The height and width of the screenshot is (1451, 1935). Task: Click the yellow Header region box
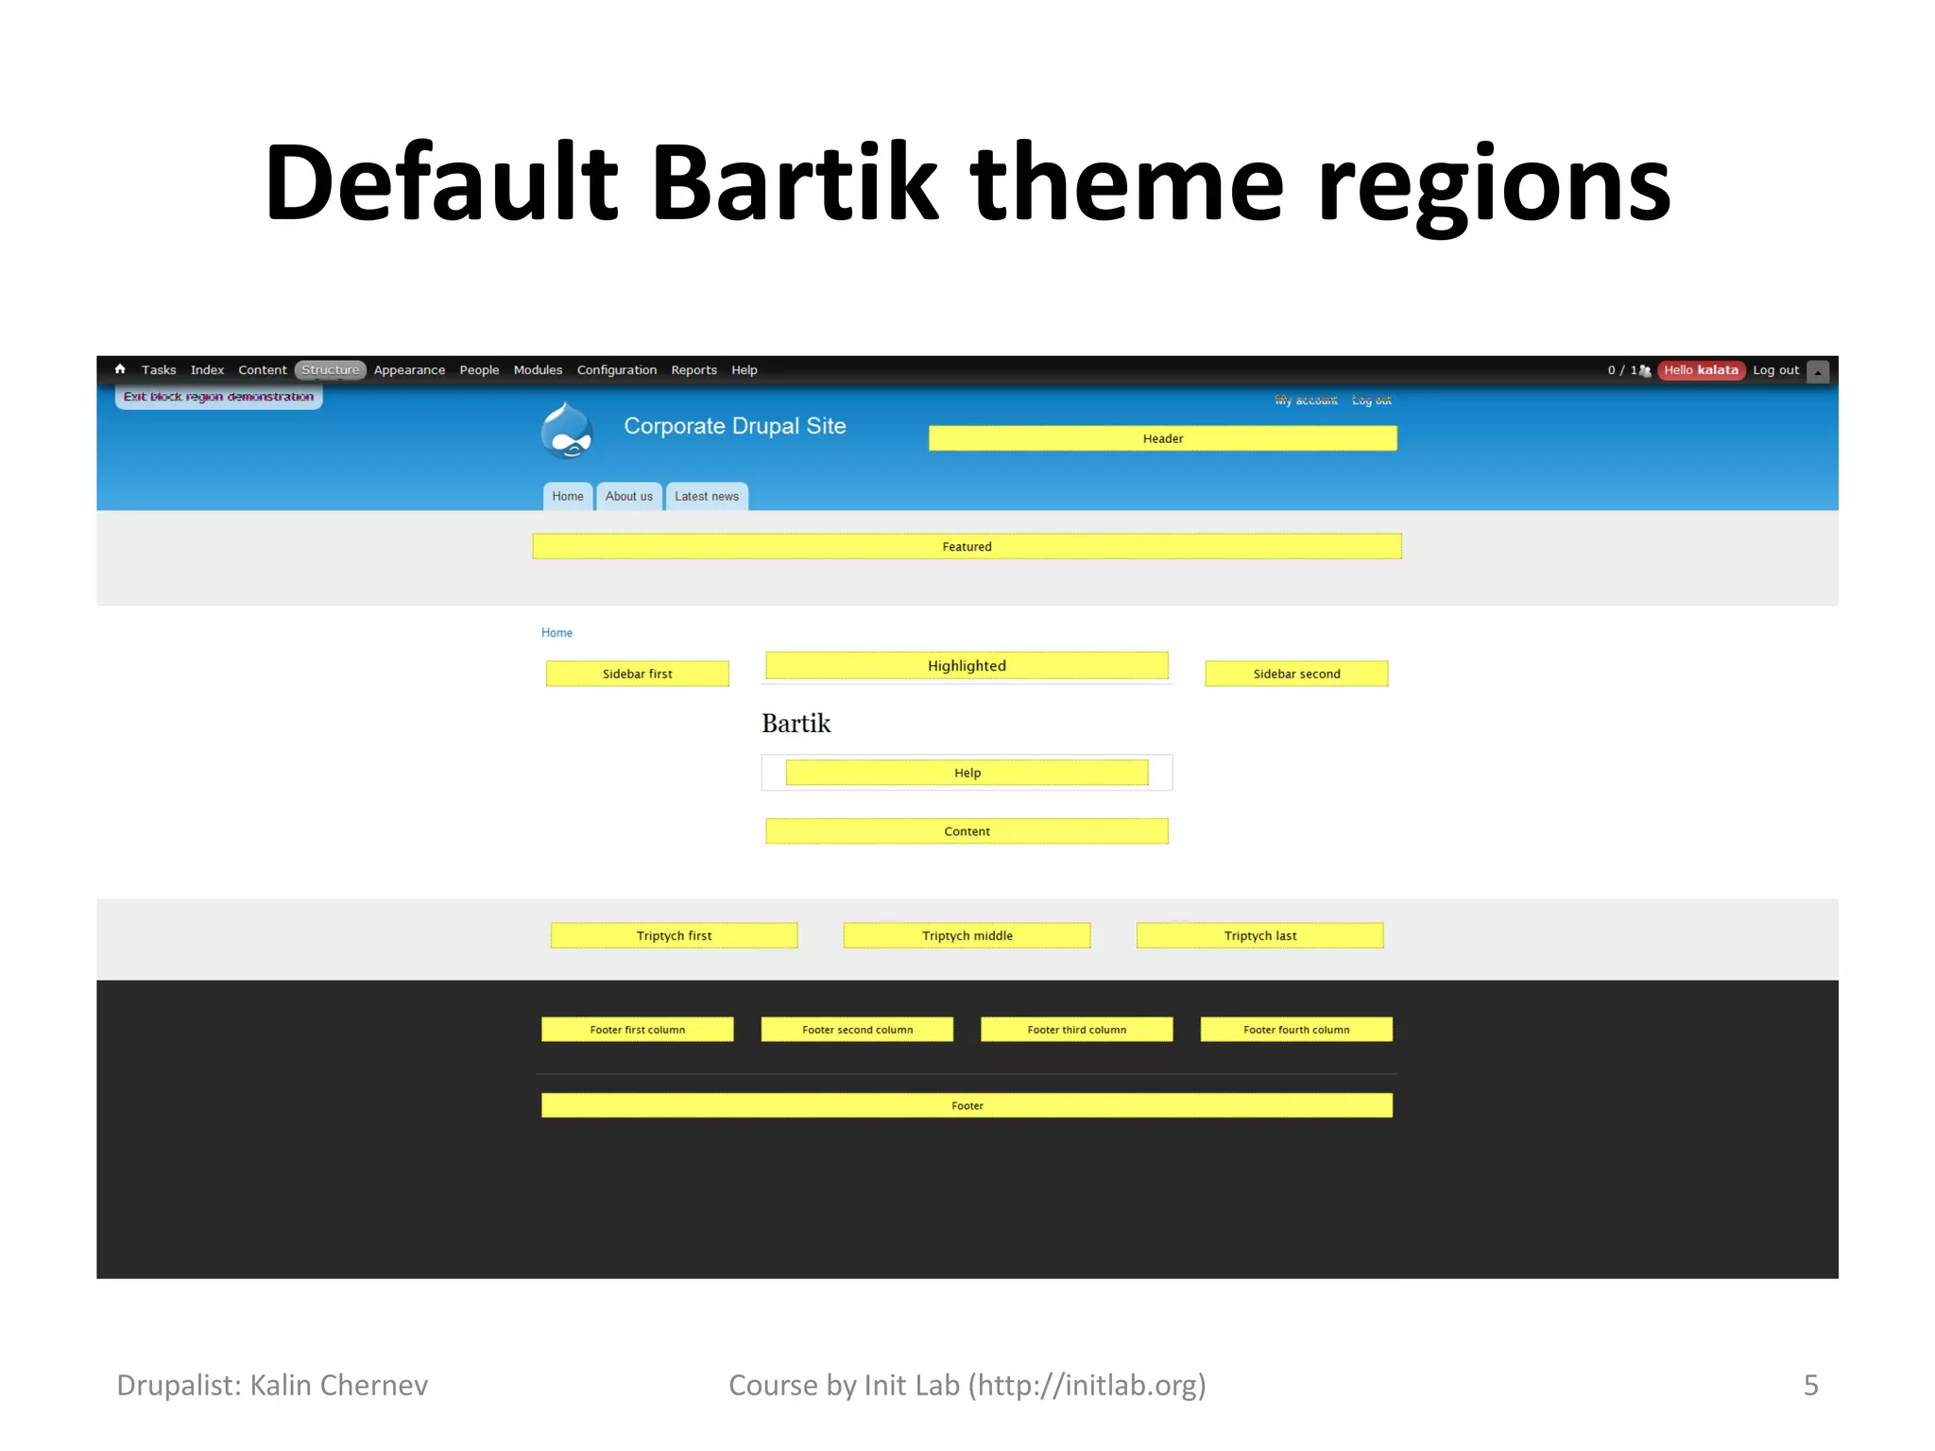(x=1162, y=438)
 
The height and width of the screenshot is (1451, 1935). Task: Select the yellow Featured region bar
(x=967, y=546)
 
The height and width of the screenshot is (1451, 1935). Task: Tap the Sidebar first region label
(x=637, y=674)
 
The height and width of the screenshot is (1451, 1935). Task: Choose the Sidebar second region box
(x=1296, y=674)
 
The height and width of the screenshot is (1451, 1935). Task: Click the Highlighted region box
(x=967, y=665)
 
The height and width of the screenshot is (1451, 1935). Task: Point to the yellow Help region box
(x=967, y=773)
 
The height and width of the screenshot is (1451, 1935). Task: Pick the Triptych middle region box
(x=967, y=935)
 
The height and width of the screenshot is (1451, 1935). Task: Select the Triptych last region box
(x=1259, y=935)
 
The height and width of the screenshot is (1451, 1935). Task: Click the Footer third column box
(x=1076, y=1030)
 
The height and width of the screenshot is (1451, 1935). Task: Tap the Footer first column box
(x=637, y=1030)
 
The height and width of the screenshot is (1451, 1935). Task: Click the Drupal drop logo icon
(x=567, y=431)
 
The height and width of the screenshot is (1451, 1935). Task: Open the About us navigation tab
(x=628, y=497)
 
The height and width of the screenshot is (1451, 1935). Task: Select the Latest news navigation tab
(x=707, y=497)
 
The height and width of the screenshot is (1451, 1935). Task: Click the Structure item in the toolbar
(x=330, y=370)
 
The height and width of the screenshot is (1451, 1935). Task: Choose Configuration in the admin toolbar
(x=616, y=370)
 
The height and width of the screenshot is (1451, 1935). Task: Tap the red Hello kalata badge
(x=1701, y=370)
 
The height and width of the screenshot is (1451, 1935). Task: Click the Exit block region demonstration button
(x=218, y=397)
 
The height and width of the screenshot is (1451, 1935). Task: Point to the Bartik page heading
(x=796, y=724)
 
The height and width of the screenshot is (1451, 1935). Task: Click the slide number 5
(x=1810, y=1385)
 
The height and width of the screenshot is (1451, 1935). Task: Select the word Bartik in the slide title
(x=794, y=181)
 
